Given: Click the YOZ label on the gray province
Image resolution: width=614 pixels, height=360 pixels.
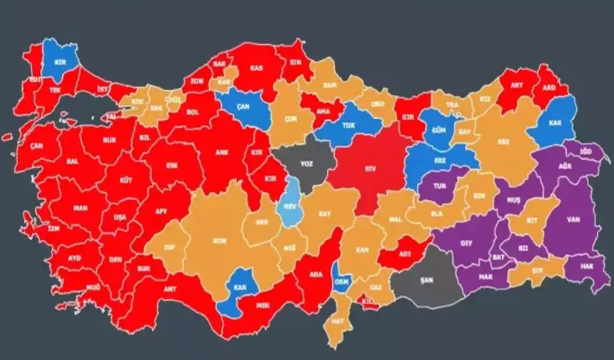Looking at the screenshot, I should click(306, 164).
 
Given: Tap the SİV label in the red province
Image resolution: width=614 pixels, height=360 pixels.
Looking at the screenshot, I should click(369, 169).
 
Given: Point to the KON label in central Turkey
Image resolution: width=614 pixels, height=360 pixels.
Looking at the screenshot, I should click(220, 241).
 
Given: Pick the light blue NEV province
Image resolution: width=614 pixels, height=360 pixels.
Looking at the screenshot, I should click(291, 204).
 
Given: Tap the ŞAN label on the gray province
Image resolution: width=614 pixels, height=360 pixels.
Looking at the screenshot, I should click(428, 279).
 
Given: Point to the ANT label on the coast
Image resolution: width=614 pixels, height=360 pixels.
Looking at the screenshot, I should click(169, 289).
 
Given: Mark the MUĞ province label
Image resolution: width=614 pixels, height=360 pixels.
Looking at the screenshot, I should click(74, 286).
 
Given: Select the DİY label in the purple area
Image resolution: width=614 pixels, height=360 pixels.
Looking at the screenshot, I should click(466, 243).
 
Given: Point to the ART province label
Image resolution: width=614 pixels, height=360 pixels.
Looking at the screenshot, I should click(516, 85).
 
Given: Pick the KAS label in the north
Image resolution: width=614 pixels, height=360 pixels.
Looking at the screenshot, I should click(256, 68).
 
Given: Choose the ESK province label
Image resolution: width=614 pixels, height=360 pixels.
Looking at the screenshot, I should click(172, 165).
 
